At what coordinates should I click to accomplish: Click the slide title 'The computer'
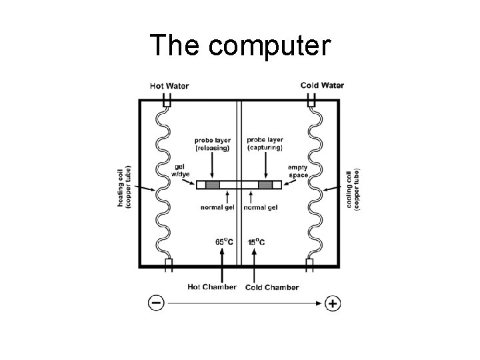pyautogui.click(x=240, y=45)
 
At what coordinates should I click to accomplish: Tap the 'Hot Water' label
pyautogui.click(x=169, y=85)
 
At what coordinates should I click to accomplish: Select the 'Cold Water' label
pyautogui.click(x=322, y=85)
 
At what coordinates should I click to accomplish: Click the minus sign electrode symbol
pyautogui.click(x=156, y=303)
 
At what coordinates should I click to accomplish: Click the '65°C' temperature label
pyautogui.click(x=224, y=242)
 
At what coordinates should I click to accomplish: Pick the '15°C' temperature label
pyautogui.click(x=256, y=242)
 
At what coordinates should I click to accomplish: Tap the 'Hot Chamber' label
pyautogui.click(x=212, y=287)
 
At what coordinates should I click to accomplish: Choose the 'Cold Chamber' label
pyautogui.click(x=272, y=287)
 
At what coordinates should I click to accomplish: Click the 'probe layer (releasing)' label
pyautogui.click(x=213, y=144)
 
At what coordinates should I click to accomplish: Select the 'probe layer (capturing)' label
pyautogui.click(x=265, y=144)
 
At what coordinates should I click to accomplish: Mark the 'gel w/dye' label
pyautogui.click(x=181, y=171)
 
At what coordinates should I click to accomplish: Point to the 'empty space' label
pyautogui.click(x=298, y=171)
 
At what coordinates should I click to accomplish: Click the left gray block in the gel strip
pyautogui.click(x=213, y=185)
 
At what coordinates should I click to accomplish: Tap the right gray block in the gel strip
pyautogui.click(x=265, y=185)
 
